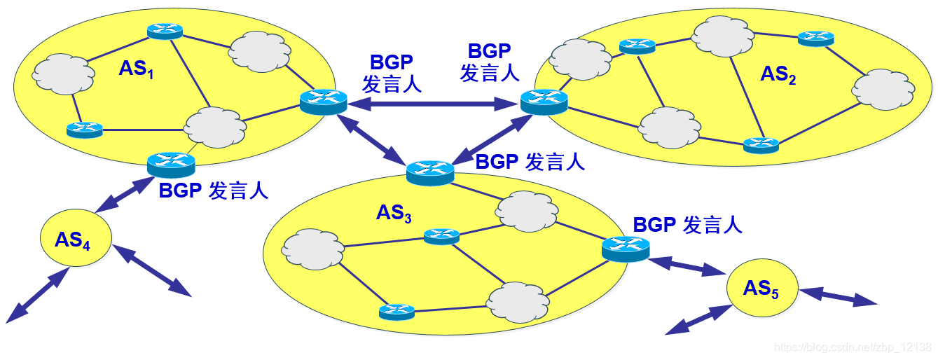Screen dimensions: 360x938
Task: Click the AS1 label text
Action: tap(136, 69)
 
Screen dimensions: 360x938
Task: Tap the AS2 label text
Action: tap(778, 74)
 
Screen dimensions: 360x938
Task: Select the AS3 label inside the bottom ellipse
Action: tap(394, 213)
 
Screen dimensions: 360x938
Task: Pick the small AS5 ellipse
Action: tap(761, 289)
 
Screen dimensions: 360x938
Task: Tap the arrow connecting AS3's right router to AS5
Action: tap(687, 267)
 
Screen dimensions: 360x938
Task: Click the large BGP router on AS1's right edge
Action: tap(323, 102)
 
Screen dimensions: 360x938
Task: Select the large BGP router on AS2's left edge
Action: tap(544, 102)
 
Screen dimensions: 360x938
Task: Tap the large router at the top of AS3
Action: tap(430, 172)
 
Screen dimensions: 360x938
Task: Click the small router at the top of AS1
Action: tap(165, 31)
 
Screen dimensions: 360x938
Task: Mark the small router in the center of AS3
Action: tap(441, 236)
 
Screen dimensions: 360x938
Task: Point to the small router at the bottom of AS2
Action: tap(761, 145)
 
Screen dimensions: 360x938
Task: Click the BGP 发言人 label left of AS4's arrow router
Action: tap(214, 191)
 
